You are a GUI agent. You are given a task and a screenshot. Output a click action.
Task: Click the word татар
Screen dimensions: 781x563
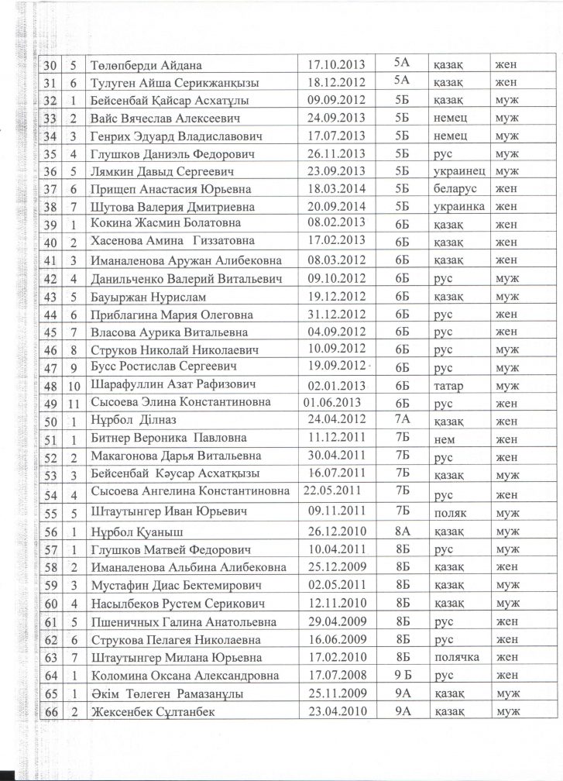[448, 385]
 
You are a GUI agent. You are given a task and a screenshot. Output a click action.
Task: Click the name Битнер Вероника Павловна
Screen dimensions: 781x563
[167, 438]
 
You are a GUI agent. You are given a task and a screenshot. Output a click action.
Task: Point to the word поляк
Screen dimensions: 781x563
[449, 513]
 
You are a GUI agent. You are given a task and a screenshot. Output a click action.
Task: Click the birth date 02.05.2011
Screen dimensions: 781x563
[335, 585]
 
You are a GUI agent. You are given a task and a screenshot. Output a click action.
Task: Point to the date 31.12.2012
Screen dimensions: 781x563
[335, 315]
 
